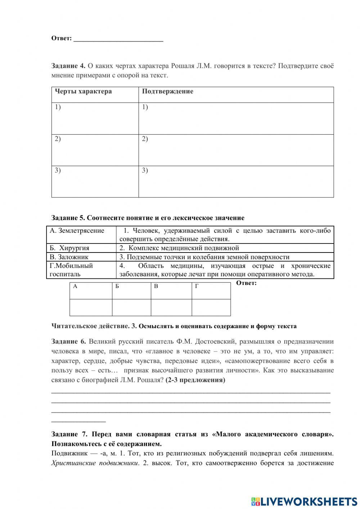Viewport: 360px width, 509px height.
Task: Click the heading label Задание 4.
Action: tap(68, 66)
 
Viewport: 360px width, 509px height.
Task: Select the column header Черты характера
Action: tap(83, 91)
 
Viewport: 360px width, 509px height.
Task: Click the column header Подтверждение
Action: tap(167, 91)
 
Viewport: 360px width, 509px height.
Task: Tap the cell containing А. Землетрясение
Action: tap(77, 231)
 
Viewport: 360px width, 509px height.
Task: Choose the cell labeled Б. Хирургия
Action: tap(69, 248)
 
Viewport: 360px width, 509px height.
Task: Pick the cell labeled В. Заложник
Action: tap(69, 257)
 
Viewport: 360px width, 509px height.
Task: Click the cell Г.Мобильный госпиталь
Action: tap(71, 270)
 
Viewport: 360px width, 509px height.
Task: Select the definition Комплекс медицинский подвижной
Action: tap(179, 248)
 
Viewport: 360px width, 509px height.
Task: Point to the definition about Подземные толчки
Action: tap(204, 257)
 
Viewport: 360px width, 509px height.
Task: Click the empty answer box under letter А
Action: tap(91, 307)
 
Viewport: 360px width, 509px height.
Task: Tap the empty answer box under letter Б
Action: tap(131, 307)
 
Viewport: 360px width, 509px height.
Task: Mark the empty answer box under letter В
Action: tap(171, 307)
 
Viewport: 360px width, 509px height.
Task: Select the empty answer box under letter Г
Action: tap(211, 307)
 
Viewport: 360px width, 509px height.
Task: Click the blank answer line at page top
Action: tap(118, 39)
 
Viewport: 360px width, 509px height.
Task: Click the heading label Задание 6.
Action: tap(68, 341)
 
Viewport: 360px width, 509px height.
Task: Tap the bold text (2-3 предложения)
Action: tap(195, 380)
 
